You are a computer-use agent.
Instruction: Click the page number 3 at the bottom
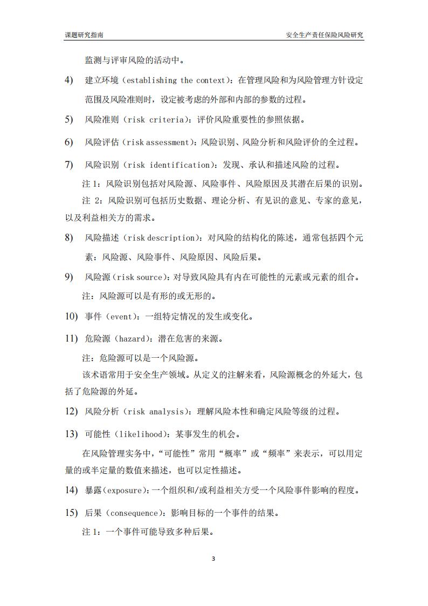(x=213, y=559)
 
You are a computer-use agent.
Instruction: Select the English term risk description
(x=159, y=238)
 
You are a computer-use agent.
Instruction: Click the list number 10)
(x=71, y=317)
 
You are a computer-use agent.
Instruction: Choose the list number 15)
(x=71, y=513)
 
